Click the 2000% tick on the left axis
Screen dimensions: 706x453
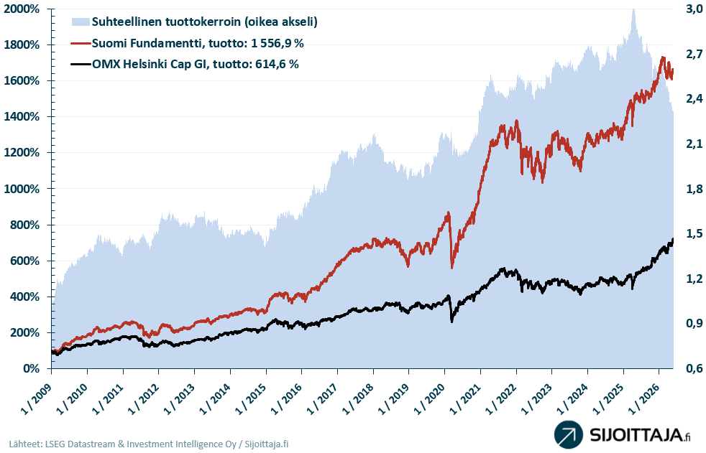click(x=22, y=9)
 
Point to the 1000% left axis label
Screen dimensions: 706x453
click(x=22, y=189)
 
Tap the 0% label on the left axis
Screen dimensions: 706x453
click(x=31, y=368)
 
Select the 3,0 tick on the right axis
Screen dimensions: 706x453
click(x=694, y=9)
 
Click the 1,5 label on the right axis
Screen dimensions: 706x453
click(x=694, y=234)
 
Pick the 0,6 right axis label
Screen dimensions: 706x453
click(x=694, y=368)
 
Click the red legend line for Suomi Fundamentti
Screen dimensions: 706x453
click(x=81, y=43)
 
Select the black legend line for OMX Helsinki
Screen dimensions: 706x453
click(x=81, y=65)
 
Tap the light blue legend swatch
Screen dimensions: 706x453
click(x=81, y=22)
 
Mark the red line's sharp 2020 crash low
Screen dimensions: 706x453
click(x=452, y=268)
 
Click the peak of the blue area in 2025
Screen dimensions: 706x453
click(x=633, y=10)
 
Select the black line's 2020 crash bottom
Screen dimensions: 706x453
click(x=451, y=322)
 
